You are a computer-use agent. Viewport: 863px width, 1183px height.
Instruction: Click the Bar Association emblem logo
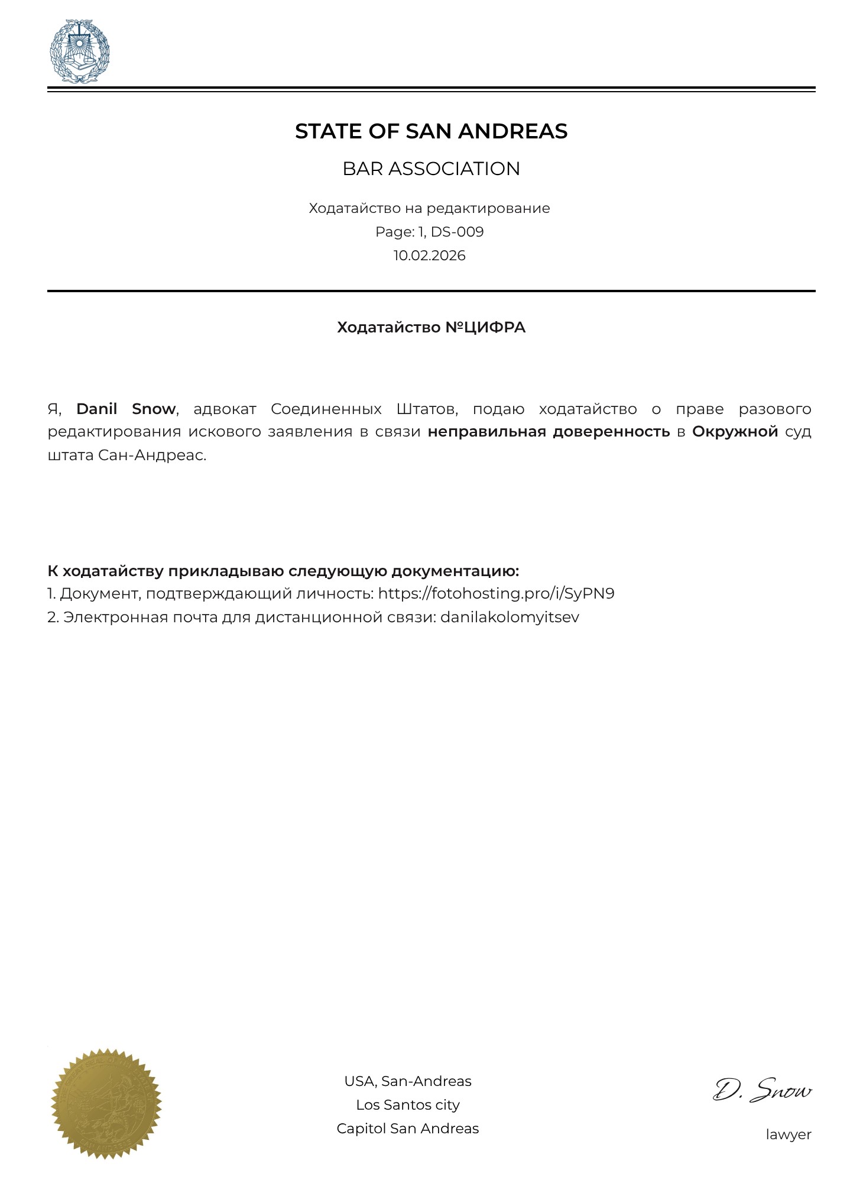[79, 51]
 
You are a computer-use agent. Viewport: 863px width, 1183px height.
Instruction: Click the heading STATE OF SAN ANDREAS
[431, 131]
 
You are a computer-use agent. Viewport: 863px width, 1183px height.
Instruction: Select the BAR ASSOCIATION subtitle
[431, 169]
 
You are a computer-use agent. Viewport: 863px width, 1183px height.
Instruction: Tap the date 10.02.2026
[430, 256]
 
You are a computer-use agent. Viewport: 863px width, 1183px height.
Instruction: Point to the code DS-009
[457, 232]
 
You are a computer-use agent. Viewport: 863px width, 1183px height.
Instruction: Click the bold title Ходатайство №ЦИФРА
[431, 328]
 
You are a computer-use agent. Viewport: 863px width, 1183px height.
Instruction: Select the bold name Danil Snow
[126, 409]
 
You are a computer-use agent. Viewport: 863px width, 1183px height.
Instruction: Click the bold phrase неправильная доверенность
[549, 432]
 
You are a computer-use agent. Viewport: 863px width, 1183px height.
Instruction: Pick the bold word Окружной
[735, 432]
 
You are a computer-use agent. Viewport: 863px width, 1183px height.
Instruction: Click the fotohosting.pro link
[496, 593]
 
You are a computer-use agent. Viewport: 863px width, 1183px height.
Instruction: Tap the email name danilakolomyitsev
[510, 617]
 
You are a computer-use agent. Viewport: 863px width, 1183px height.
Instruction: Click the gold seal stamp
[106, 1104]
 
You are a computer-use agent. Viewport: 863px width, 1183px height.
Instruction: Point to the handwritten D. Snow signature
[763, 1091]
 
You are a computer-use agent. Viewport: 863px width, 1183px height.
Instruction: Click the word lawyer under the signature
[789, 1134]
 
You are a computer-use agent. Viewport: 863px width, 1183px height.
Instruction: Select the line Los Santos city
[408, 1105]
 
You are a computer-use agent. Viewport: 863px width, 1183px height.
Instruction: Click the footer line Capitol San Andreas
[408, 1129]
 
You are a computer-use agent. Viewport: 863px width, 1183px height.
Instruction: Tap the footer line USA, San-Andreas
[408, 1081]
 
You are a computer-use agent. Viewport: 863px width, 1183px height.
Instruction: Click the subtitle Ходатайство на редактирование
[429, 208]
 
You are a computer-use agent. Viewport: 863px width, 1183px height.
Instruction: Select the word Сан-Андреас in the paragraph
[151, 455]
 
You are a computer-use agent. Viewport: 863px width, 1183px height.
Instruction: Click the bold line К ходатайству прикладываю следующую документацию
[283, 571]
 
